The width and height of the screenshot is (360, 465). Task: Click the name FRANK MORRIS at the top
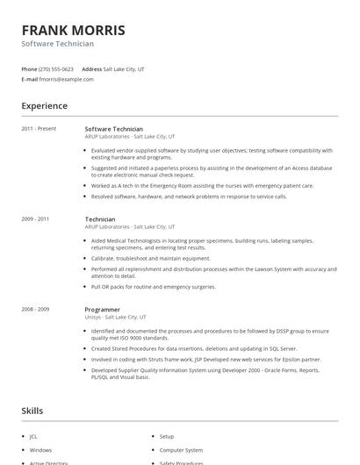(73, 30)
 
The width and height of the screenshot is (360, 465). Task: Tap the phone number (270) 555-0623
(56, 68)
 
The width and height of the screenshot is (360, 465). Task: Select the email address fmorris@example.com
(67, 79)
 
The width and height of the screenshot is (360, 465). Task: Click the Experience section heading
(44, 106)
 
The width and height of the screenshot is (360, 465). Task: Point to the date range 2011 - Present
(39, 129)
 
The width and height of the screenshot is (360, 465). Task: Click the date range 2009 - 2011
(35, 218)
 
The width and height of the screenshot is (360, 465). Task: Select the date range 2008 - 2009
(35, 309)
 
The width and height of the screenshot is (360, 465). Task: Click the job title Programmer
(102, 309)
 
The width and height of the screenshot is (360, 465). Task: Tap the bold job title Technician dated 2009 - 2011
(100, 218)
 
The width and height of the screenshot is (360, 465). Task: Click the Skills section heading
(32, 410)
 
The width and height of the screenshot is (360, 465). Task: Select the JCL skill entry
(34, 436)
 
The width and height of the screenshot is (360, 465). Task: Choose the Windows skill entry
(40, 449)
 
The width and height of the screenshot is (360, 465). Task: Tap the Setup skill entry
(167, 436)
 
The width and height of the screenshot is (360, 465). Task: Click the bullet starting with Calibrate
(150, 258)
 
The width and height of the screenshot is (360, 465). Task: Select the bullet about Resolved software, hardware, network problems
(189, 197)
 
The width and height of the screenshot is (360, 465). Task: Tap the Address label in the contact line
(91, 68)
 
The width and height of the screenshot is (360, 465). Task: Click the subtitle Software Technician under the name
(58, 44)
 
